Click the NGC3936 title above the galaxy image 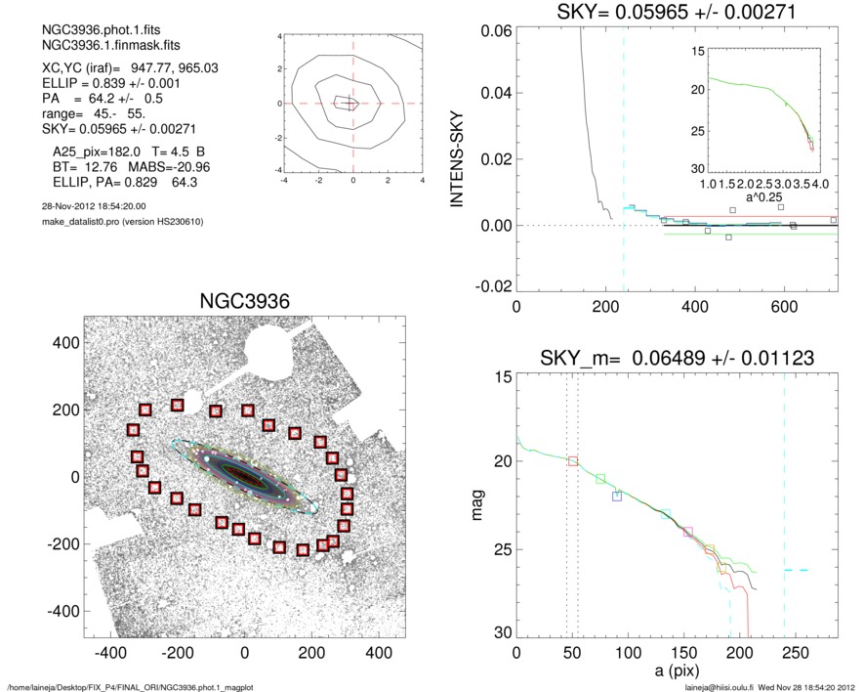coord(244,300)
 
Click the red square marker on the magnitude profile coord(573,460)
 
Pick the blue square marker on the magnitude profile coord(617,497)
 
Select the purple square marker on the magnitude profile coord(688,532)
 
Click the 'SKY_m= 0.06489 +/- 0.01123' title coord(676,360)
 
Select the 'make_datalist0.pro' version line coord(115,223)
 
